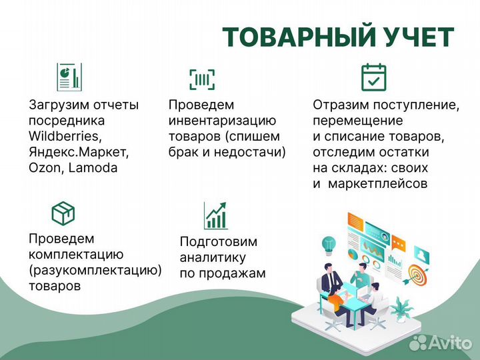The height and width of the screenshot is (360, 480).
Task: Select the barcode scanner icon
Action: click(202, 80)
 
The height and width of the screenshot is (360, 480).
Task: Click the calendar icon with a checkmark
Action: click(373, 77)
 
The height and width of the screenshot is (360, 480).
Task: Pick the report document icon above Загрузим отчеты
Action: click(69, 77)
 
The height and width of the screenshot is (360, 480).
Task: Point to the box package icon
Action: click(63, 213)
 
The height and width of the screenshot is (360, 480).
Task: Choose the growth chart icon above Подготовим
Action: click(216, 215)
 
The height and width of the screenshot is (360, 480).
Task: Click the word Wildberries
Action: click(65, 137)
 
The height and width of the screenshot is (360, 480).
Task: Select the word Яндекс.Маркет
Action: click(79, 152)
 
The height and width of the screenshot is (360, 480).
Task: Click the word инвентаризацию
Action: click(222, 121)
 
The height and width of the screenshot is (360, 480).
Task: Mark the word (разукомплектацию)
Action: click(95, 270)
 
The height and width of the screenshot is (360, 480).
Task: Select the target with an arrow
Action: click(417, 274)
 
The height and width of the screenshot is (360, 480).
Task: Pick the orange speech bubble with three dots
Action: click(399, 242)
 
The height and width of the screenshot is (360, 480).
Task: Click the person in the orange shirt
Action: click(338, 304)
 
